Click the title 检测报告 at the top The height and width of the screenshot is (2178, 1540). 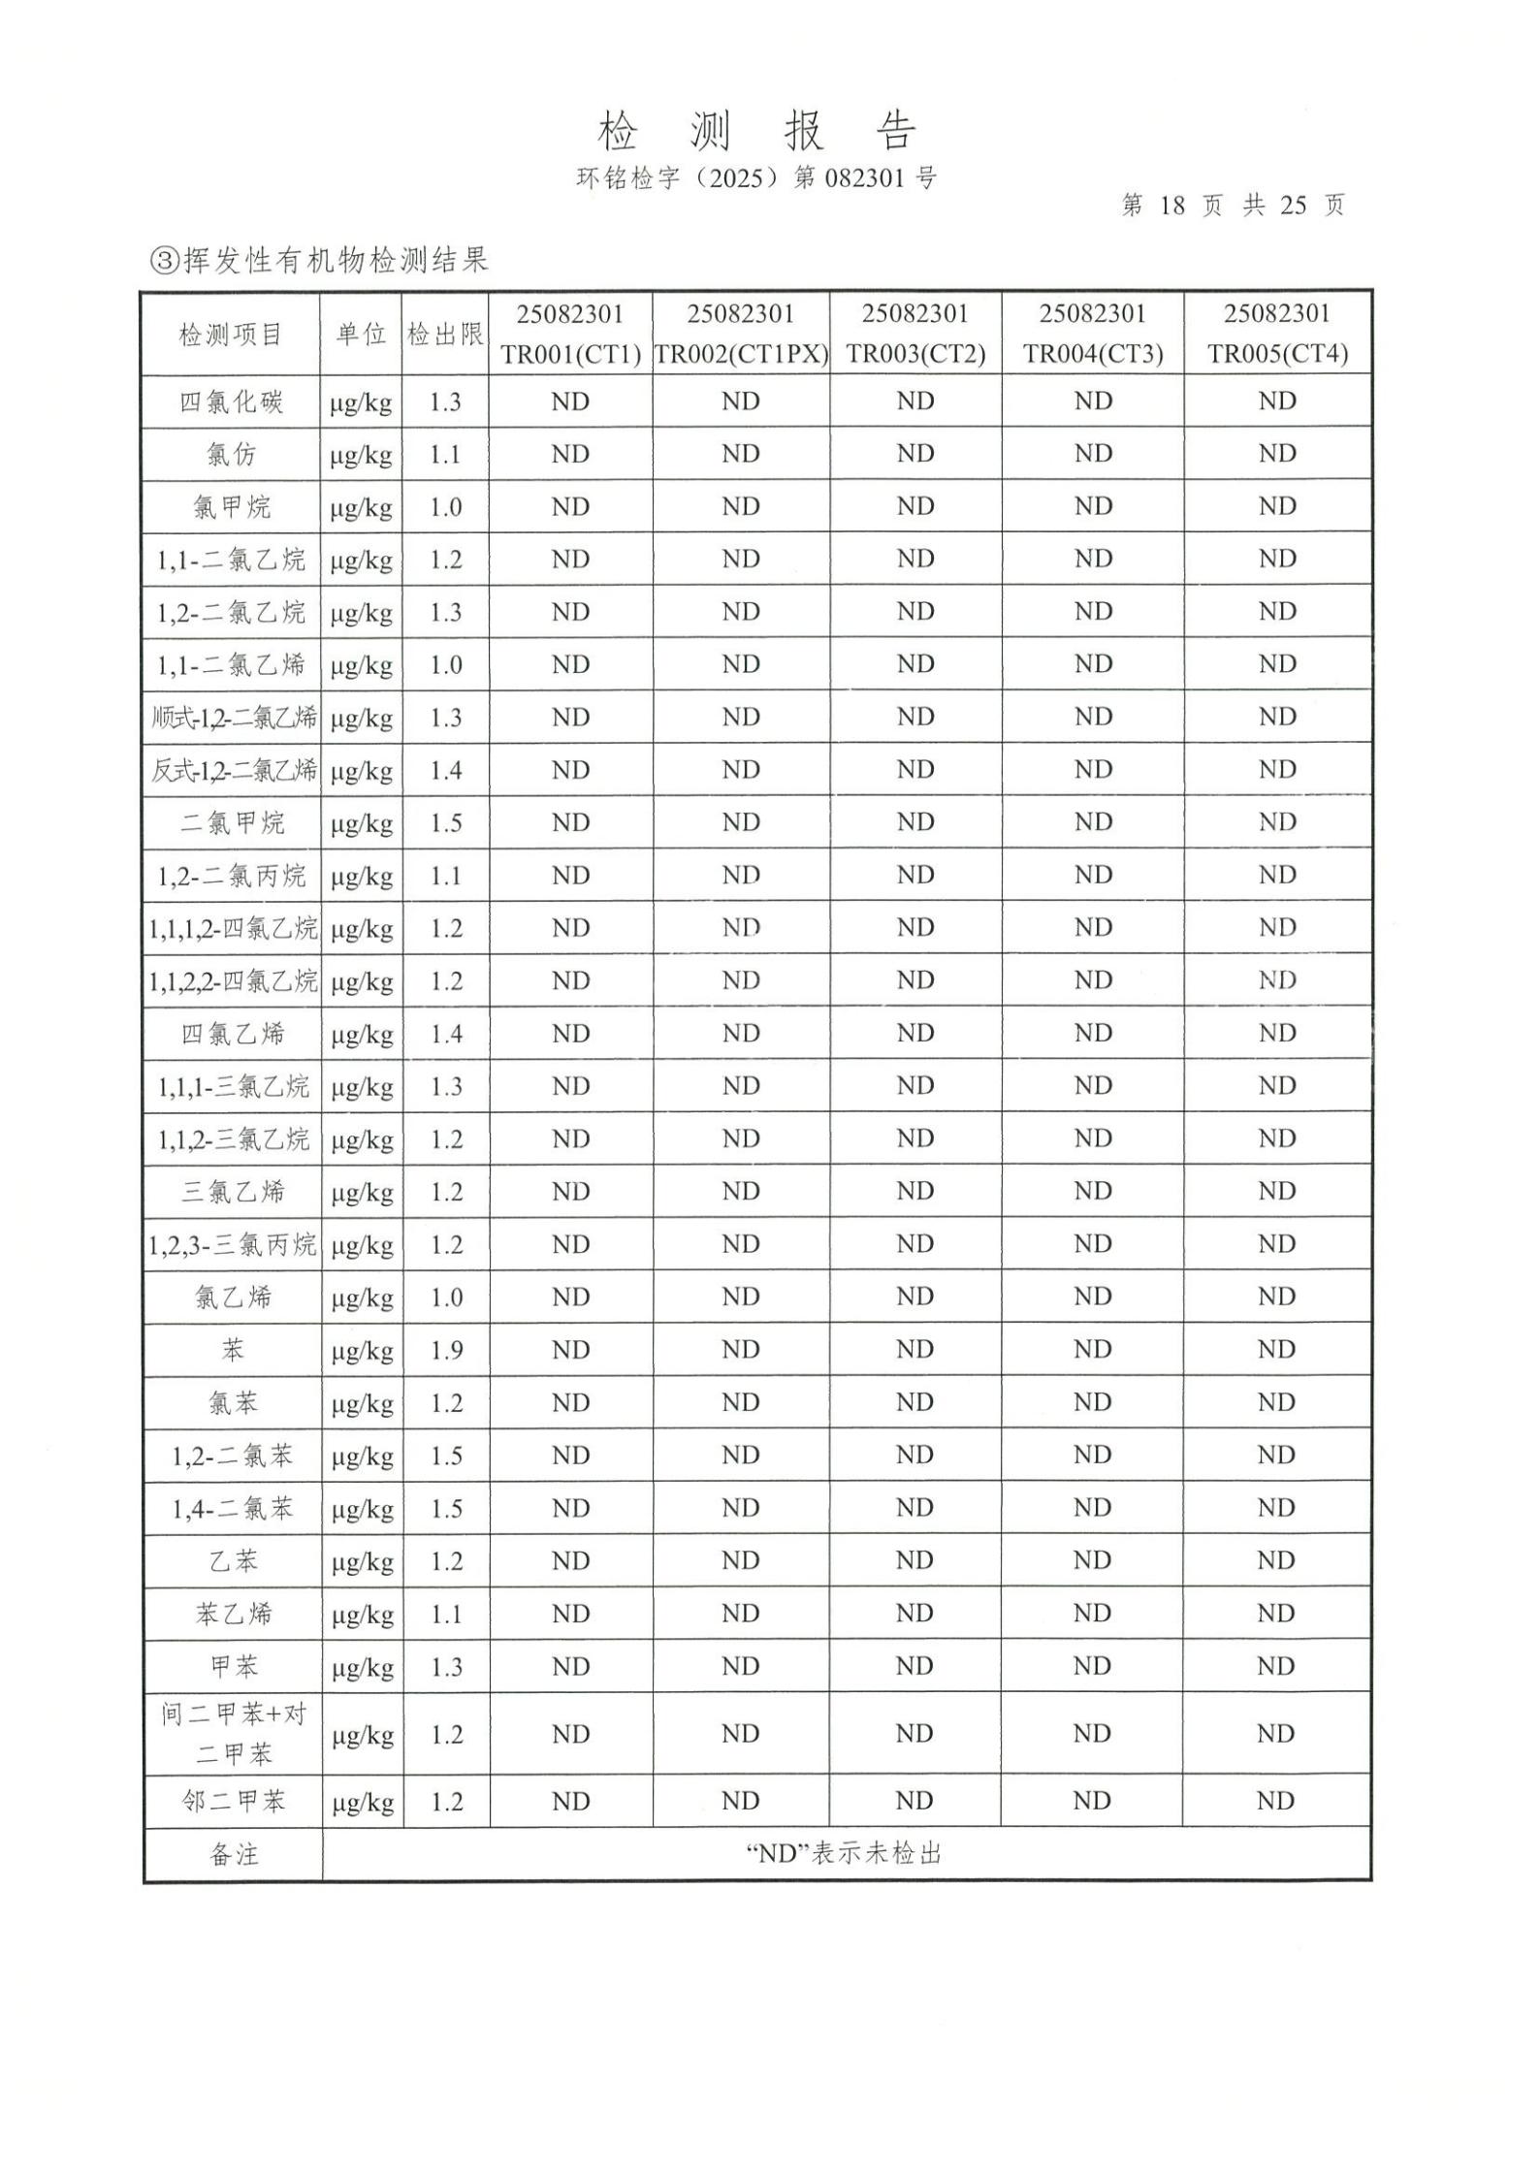point(756,130)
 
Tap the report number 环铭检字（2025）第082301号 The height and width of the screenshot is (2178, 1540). point(756,178)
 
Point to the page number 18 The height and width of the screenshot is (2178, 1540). point(1171,206)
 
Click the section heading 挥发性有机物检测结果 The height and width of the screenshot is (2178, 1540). point(320,260)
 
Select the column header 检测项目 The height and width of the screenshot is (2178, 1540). point(231,335)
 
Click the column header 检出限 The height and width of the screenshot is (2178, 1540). point(445,335)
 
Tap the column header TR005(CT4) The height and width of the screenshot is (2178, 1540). point(1277,354)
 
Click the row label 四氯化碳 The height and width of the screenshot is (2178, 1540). point(231,401)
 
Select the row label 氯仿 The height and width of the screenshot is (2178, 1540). point(231,454)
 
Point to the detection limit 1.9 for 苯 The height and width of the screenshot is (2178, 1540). point(446,1350)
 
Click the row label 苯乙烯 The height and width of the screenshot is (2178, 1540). point(233,1614)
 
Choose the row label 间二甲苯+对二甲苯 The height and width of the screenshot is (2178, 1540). point(233,1733)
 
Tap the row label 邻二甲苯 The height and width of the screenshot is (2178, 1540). point(233,1802)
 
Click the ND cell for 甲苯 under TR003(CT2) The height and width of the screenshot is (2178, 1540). point(914,1666)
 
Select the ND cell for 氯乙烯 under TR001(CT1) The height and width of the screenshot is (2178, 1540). point(570,1297)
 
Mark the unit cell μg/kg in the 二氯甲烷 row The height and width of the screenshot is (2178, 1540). point(362,824)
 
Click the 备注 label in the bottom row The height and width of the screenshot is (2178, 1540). point(233,1855)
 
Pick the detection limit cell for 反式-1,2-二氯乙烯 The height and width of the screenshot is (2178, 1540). point(446,771)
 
